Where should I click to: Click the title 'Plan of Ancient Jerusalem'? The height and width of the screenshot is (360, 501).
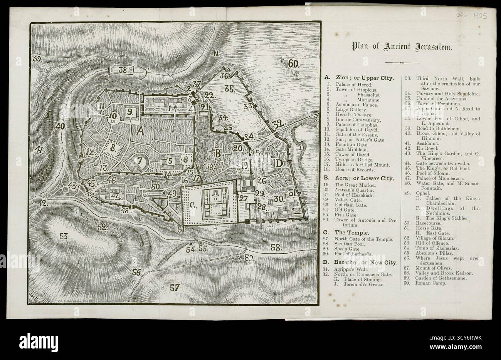point(402,47)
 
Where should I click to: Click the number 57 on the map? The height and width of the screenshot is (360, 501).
point(175,287)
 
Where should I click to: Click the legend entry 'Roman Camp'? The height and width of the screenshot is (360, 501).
point(430,283)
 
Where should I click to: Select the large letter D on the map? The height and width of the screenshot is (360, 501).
point(279,163)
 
